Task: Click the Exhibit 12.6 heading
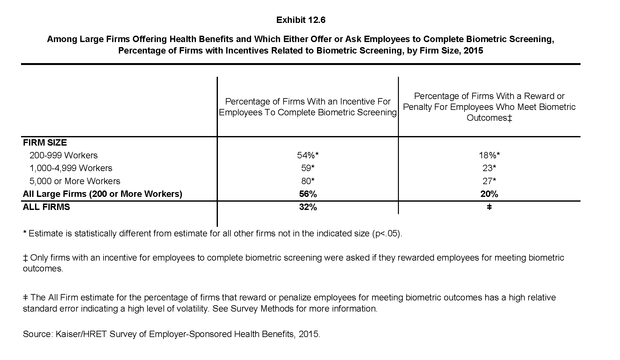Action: pyautogui.click(x=301, y=20)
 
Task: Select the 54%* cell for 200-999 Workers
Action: pyautogui.click(x=308, y=155)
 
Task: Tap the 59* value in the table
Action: pyautogui.click(x=308, y=168)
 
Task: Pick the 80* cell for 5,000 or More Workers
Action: pyautogui.click(x=308, y=181)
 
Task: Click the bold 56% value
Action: pyautogui.click(x=308, y=194)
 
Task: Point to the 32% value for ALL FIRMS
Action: pyautogui.click(x=308, y=207)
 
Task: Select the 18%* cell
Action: pyautogui.click(x=489, y=155)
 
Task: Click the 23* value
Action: pyautogui.click(x=489, y=168)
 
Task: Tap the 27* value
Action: pyautogui.click(x=489, y=181)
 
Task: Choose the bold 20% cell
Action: pyautogui.click(x=489, y=194)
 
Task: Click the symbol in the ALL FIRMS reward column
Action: pyautogui.click(x=489, y=207)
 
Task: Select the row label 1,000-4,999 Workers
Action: pyautogui.click(x=71, y=168)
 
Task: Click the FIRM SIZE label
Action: pyautogui.click(x=45, y=142)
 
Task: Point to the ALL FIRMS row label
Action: pyautogui.click(x=46, y=207)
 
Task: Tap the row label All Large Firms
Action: pyautogui.click(x=102, y=194)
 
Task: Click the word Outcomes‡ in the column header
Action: pyautogui.click(x=489, y=118)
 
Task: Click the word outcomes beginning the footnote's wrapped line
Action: pyautogui.click(x=43, y=269)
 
